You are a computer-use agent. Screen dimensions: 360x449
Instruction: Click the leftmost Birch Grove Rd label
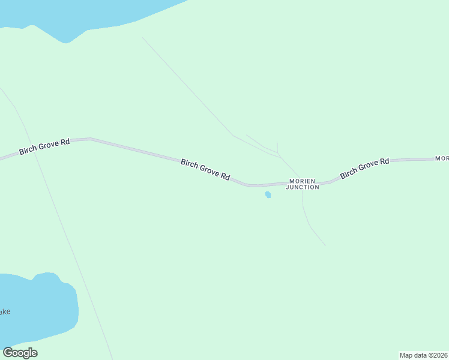pos(44,146)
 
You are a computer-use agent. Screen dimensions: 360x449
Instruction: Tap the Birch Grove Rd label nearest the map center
pos(205,169)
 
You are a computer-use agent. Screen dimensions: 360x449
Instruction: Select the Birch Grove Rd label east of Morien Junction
pos(364,168)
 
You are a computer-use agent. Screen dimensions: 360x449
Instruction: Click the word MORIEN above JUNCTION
pos(303,181)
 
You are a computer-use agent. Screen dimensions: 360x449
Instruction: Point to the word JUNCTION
pos(303,187)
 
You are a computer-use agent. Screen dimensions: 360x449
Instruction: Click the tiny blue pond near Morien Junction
pos(268,194)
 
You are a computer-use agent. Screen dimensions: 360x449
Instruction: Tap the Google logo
pos(20,353)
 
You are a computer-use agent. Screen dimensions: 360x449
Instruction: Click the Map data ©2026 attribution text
pos(424,355)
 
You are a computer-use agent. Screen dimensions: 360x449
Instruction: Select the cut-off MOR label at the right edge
pos(442,158)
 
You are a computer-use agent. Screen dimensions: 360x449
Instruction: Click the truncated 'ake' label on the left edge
pos(5,312)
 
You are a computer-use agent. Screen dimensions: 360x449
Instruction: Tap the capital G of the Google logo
pos(8,353)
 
